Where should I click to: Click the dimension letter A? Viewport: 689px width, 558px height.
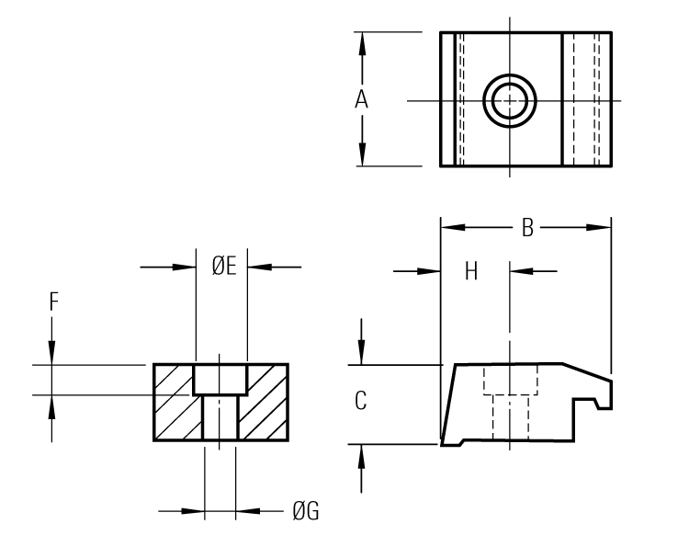362,100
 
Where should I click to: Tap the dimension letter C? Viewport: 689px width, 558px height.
361,401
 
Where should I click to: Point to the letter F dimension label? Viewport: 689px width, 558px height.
53,300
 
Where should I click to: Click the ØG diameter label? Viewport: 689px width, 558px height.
306,511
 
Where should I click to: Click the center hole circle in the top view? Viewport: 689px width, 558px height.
510,100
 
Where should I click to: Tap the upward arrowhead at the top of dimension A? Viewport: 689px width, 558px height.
363,41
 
